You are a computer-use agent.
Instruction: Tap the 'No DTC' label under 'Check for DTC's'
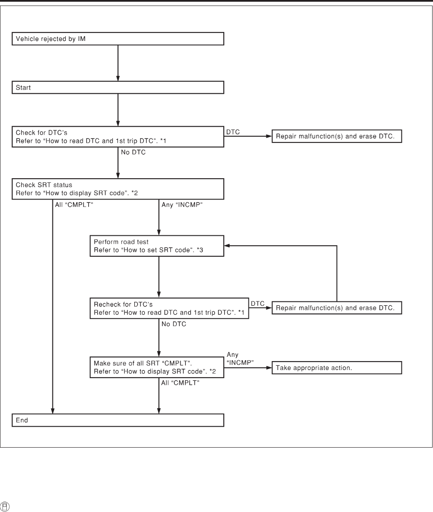tap(133, 152)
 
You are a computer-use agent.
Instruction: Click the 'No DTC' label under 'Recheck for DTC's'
tap(174, 324)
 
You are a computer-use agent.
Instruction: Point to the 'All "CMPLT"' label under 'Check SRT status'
tap(74, 205)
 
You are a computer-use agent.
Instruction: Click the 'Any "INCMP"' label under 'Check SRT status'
tap(182, 205)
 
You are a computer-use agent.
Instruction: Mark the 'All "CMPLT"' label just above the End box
tap(180, 383)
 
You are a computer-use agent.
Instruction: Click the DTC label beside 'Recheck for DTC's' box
tap(258, 304)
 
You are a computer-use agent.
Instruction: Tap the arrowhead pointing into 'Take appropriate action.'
tap(269, 368)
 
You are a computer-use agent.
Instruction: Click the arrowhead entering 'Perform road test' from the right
tap(227, 246)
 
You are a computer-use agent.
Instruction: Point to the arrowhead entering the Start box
tap(118, 78)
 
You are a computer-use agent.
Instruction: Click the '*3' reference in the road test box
tap(200, 250)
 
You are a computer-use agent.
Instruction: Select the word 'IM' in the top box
tap(82, 39)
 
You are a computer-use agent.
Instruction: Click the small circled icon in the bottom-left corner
tap(5, 506)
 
